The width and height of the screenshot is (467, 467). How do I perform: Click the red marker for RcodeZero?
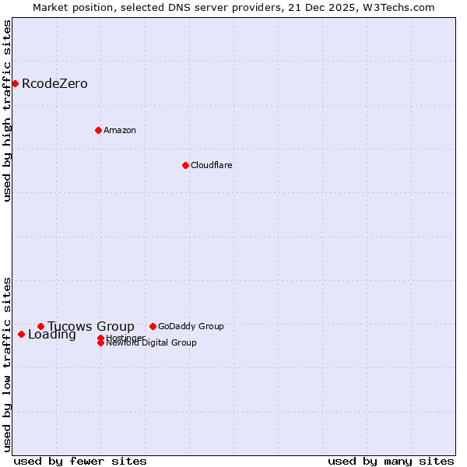[15, 83]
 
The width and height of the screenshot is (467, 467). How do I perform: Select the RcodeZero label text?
[54, 84]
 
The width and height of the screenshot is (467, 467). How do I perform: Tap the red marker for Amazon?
[98, 130]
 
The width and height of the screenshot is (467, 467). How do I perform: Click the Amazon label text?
[119, 130]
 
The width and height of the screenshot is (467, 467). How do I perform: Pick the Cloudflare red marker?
[185, 165]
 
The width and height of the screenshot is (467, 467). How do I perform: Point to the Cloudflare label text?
[211, 165]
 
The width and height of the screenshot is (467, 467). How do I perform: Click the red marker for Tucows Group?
[40, 326]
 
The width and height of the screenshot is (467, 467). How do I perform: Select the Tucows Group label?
[90, 326]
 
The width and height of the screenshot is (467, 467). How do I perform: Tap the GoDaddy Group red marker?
[153, 326]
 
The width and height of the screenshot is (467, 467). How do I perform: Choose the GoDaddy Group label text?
[191, 326]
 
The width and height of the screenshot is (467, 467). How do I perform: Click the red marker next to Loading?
[21, 334]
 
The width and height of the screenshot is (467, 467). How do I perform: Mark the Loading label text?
[51, 335]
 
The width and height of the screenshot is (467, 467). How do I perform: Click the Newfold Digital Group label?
[151, 343]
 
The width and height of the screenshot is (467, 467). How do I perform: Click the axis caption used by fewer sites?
[80, 461]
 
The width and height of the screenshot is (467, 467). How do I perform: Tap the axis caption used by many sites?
[391, 461]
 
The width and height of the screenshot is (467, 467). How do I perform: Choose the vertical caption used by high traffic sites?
[7, 111]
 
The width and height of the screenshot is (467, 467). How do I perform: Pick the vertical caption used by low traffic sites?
[7, 363]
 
